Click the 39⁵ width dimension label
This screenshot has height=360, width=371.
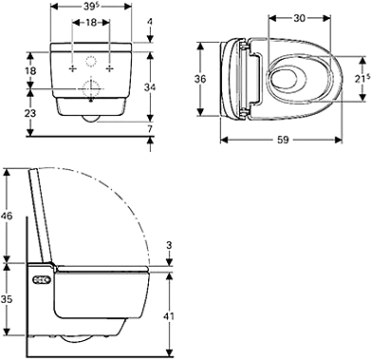(x=91, y=7)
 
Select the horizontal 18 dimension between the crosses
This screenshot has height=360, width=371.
(x=91, y=23)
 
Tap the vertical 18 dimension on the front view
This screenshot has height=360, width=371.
(x=31, y=70)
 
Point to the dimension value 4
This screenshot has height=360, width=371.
(x=150, y=22)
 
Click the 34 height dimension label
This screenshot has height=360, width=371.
(x=150, y=87)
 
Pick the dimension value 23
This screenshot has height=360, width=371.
(x=31, y=113)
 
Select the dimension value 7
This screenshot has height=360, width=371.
(x=150, y=129)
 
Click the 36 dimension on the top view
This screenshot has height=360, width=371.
(x=200, y=79)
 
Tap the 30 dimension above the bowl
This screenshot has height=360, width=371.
(x=299, y=18)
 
